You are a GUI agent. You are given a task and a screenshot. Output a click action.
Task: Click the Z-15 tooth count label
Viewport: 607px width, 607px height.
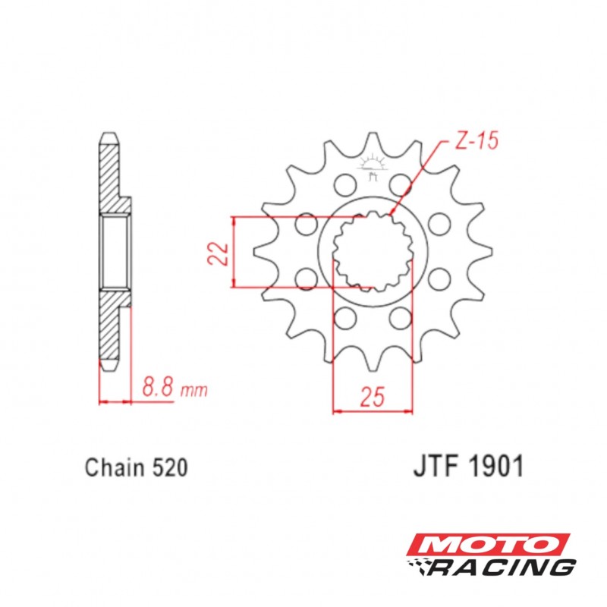(x=477, y=142)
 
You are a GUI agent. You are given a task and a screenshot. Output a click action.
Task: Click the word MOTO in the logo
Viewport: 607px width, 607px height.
(x=488, y=545)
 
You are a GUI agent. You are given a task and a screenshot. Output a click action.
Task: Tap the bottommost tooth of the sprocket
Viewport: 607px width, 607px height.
(x=373, y=363)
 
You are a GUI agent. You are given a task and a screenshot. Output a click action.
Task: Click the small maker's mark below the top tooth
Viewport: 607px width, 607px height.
(x=373, y=168)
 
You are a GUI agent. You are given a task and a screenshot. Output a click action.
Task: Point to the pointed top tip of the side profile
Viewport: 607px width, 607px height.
(x=109, y=137)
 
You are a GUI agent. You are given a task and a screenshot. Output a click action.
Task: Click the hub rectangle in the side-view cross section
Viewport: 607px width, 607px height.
(x=115, y=251)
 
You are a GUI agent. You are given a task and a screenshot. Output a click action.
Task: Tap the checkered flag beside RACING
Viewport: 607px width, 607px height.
(x=420, y=566)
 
